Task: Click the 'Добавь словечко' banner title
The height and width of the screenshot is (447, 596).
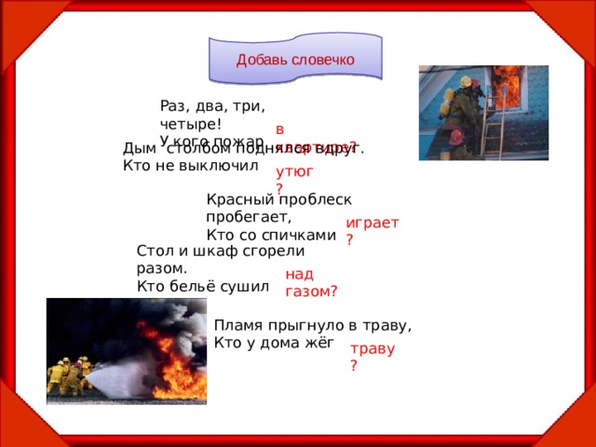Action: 294,61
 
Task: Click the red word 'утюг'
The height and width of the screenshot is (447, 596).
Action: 294,171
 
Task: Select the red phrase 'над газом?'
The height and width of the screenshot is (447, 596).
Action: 311,282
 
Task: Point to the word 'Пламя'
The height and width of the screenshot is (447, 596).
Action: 237,325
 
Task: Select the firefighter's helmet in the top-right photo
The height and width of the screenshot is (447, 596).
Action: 470,83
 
